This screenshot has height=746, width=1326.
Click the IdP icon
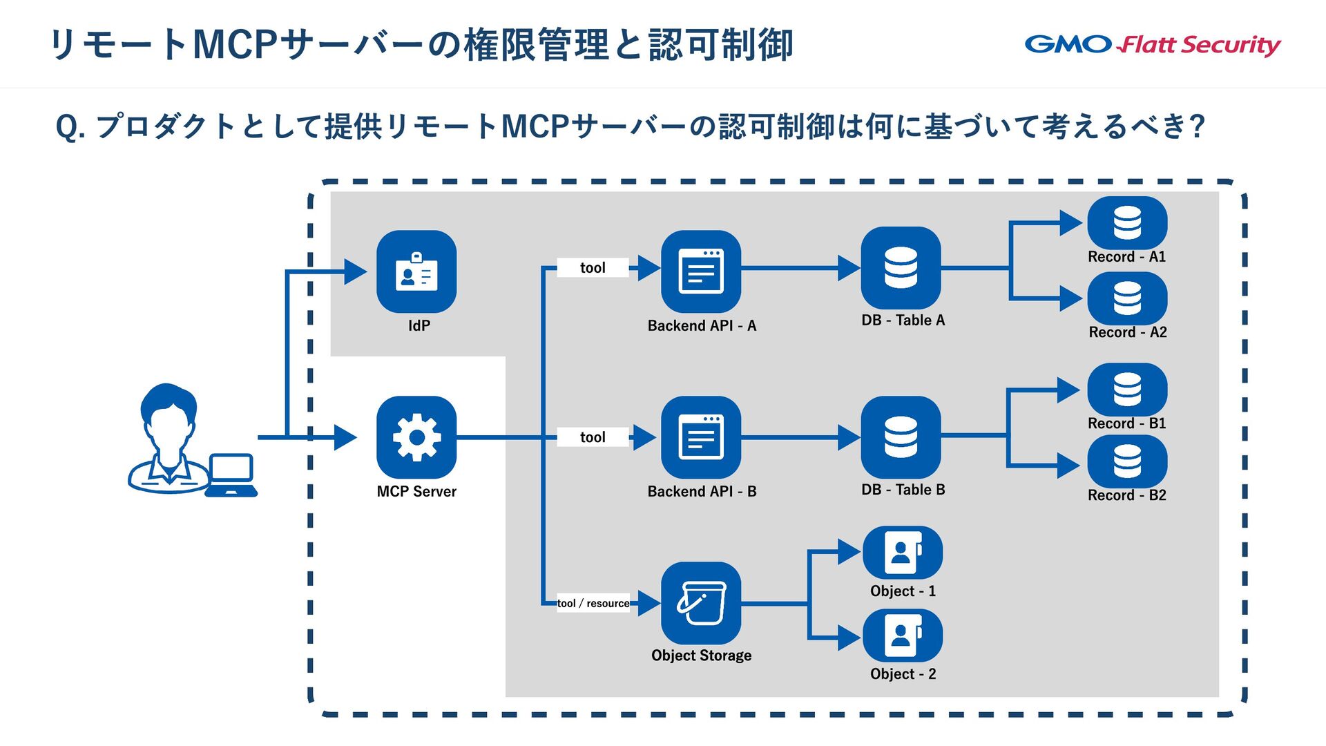pos(416,271)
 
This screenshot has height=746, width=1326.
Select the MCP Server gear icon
pos(416,437)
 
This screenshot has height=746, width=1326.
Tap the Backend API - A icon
pos(701,271)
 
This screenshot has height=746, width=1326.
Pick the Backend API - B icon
pos(701,437)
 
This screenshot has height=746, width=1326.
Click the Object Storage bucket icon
pos(701,603)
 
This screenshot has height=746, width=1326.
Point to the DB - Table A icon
pos(901,268)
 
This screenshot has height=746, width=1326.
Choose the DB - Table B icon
pos(901,437)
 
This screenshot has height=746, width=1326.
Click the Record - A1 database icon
pos(1127,223)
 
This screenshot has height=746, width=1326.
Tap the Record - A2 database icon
pos(1127,298)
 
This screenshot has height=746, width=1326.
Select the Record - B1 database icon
pos(1127,390)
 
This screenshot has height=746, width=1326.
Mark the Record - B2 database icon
pos(1127,461)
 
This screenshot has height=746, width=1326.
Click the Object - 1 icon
pos(903,553)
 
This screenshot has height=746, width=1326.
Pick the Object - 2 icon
pos(903,635)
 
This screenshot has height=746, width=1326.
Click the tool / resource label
pos(593,603)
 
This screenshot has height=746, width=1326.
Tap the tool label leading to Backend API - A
pos(593,267)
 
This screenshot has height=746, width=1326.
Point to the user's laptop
pos(231,475)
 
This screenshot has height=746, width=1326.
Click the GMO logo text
pos(1068,44)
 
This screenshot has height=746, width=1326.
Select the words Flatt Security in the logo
pos(1200,45)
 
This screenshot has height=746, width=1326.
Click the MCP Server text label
pos(416,492)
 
